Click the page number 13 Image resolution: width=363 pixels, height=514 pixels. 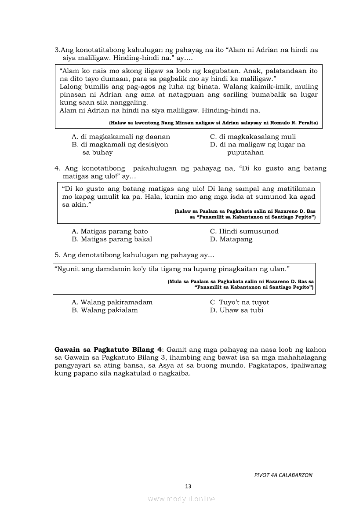click(188, 486)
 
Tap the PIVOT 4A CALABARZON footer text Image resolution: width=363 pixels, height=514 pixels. click(283, 475)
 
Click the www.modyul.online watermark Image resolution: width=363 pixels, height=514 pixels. click(181, 499)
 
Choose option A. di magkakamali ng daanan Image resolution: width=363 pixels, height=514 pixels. click(121, 137)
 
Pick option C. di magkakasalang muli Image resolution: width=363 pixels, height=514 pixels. click(253, 137)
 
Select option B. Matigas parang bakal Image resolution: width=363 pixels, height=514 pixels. click(112, 239)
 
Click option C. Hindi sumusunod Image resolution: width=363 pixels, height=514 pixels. click(244, 231)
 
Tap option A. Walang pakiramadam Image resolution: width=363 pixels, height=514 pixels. click(112, 302)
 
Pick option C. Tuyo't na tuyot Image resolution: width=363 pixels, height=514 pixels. click(239, 302)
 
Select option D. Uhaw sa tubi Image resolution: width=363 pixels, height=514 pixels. click(236, 310)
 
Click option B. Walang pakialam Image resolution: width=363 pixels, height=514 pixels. click(105, 310)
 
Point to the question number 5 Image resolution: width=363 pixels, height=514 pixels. click(57, 255)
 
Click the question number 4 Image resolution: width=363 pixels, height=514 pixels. click(57, 168)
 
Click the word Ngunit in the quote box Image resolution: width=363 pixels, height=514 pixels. click(66, 268)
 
